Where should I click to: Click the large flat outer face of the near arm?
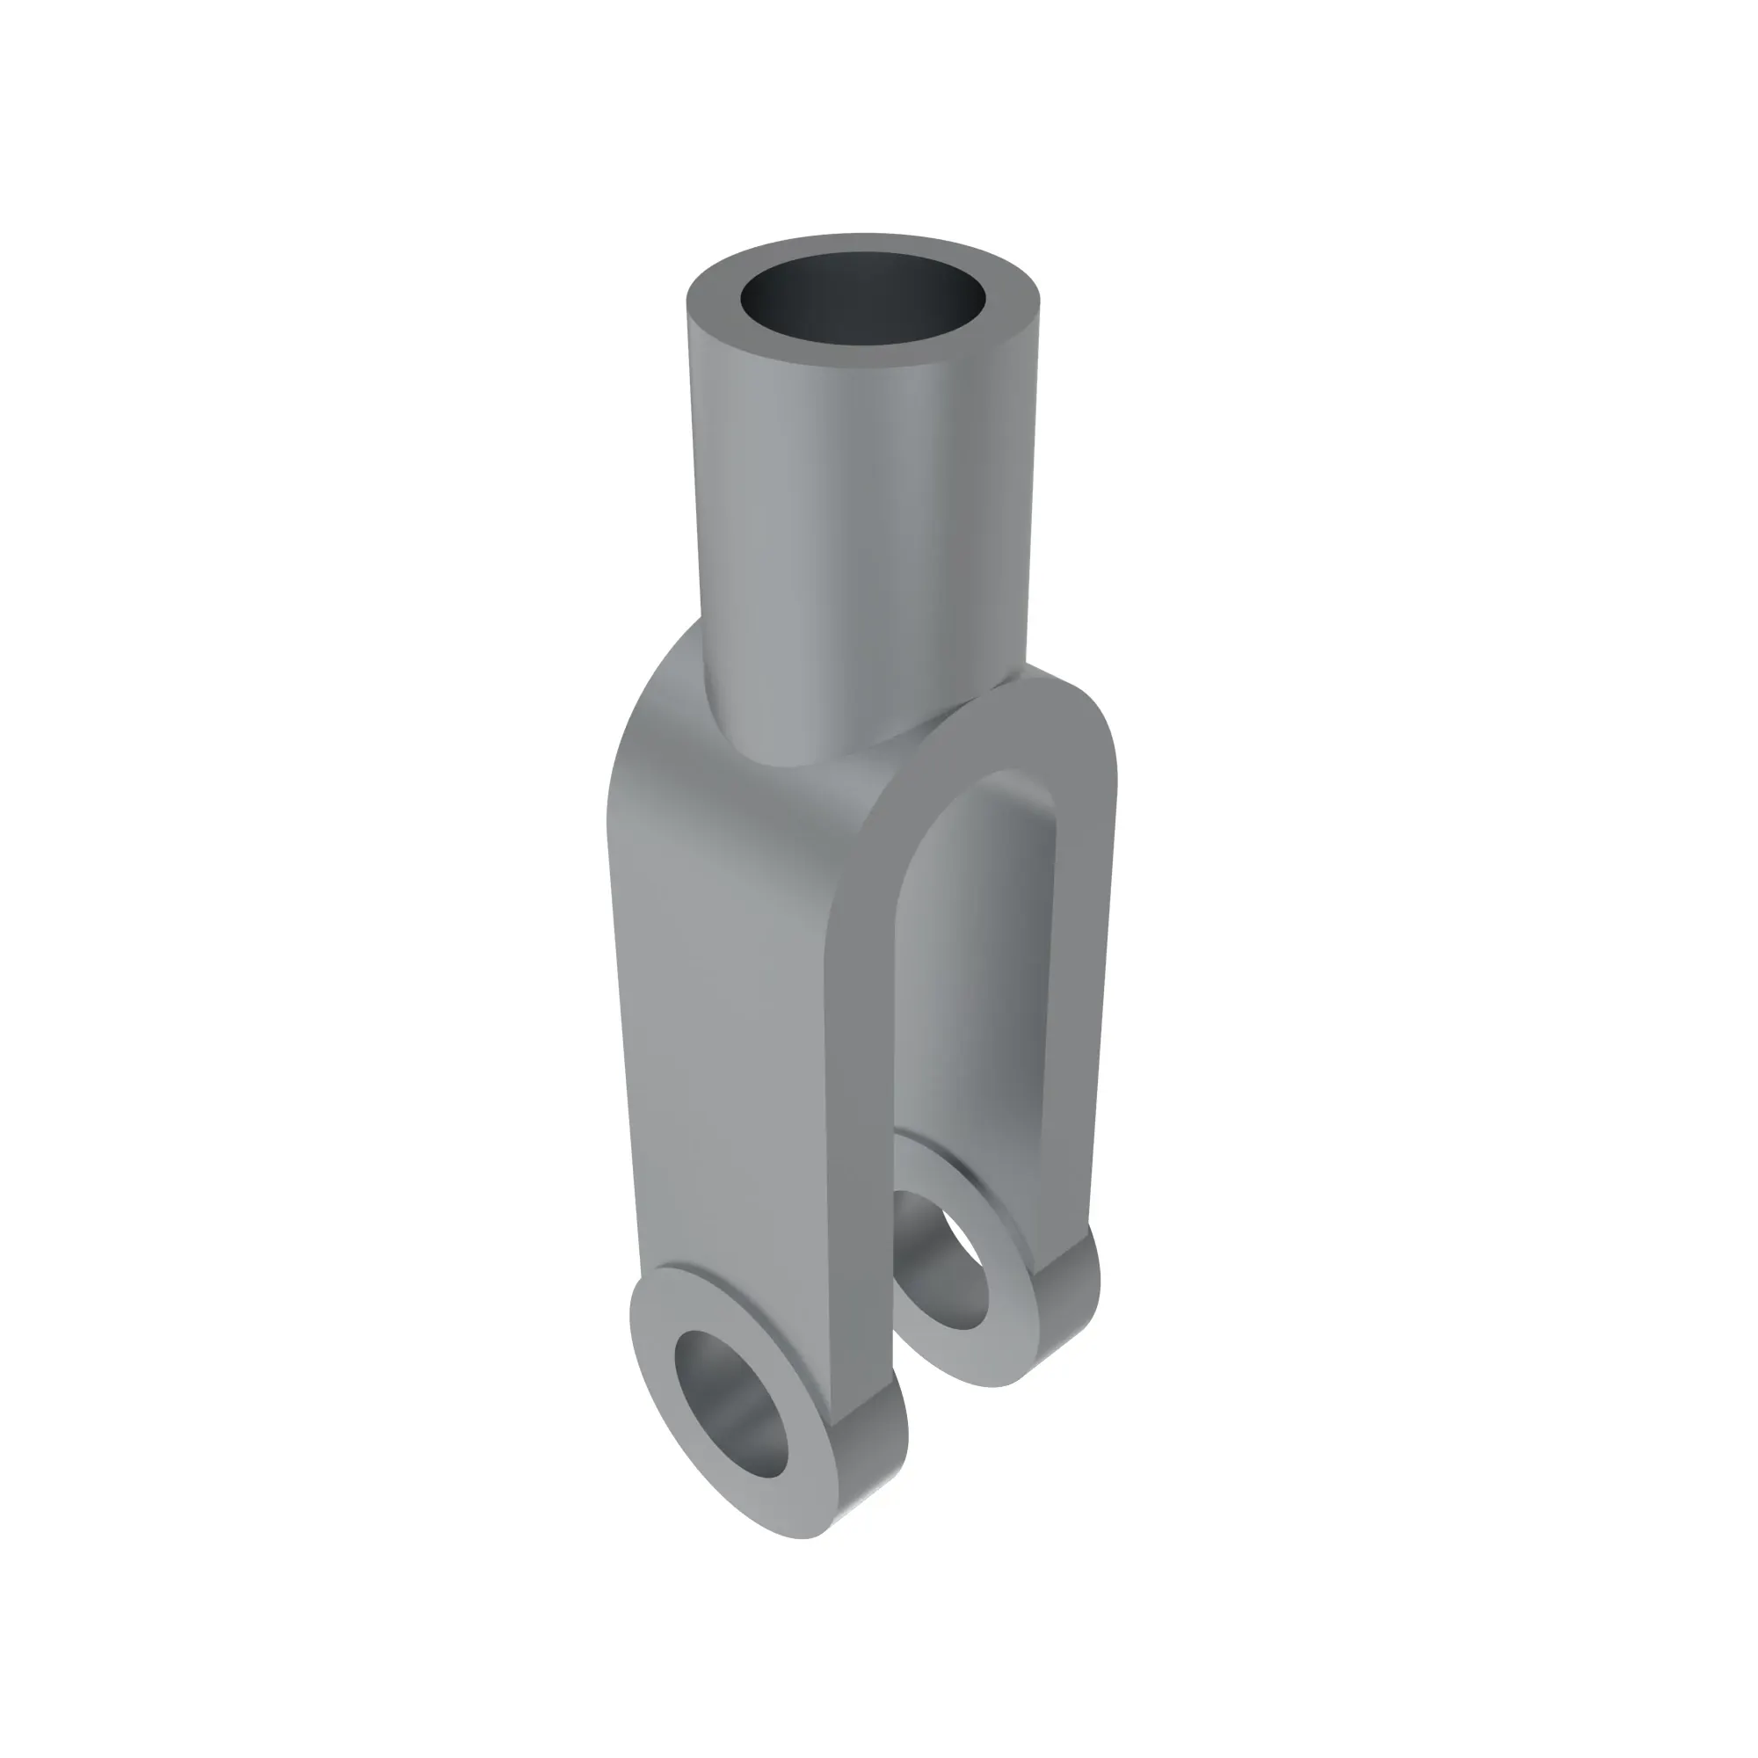tap(728, 1046)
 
